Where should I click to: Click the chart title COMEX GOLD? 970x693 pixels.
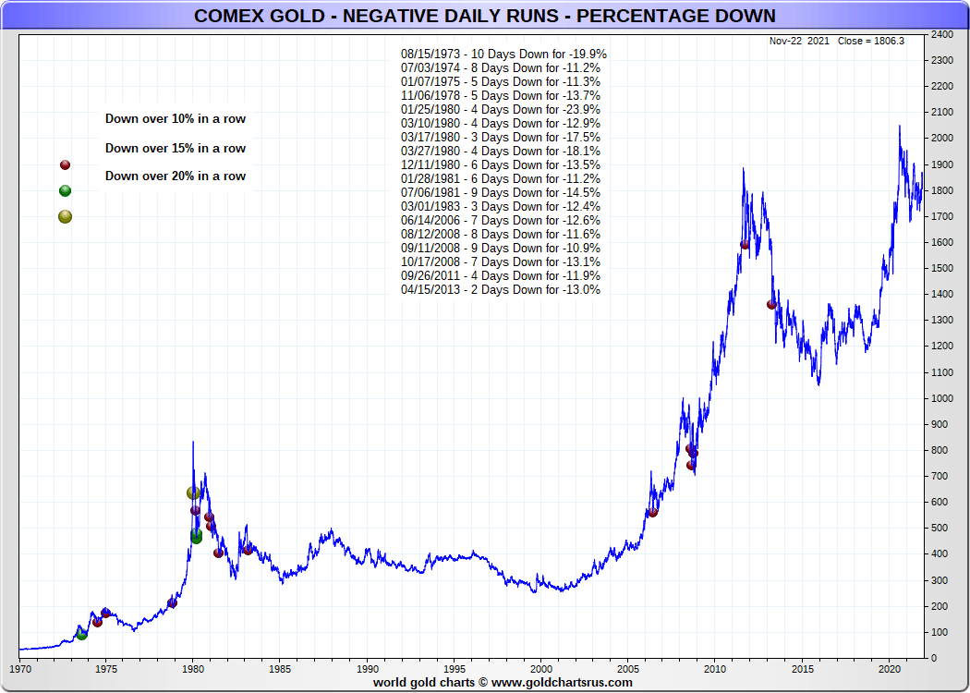485,17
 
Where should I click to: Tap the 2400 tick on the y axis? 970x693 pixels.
942,35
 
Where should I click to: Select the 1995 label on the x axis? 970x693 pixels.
455,668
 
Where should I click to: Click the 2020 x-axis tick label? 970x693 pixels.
889,668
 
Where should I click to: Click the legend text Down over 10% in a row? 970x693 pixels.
176,119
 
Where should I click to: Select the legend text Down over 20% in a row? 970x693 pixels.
176,176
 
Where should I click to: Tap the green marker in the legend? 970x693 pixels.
65,191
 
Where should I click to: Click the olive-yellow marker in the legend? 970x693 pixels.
65,217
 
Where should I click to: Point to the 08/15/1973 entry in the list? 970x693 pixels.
503,54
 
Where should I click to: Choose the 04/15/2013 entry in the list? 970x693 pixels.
501,289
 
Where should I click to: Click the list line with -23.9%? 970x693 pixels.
501,109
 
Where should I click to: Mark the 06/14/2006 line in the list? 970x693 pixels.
501,220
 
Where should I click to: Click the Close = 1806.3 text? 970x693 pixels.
870,42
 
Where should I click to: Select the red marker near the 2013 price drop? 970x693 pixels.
771,304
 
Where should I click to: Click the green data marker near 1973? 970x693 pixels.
81,634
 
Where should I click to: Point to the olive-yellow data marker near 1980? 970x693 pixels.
193,493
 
